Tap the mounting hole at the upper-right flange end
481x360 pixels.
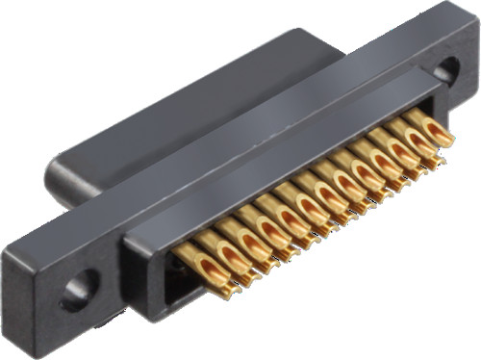pyautogui.click(x=446, y=70)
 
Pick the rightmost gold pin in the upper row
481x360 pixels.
pyautogui.click(x=428, y=126)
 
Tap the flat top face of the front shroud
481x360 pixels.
pyautogui.click(x=279, y=149)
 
